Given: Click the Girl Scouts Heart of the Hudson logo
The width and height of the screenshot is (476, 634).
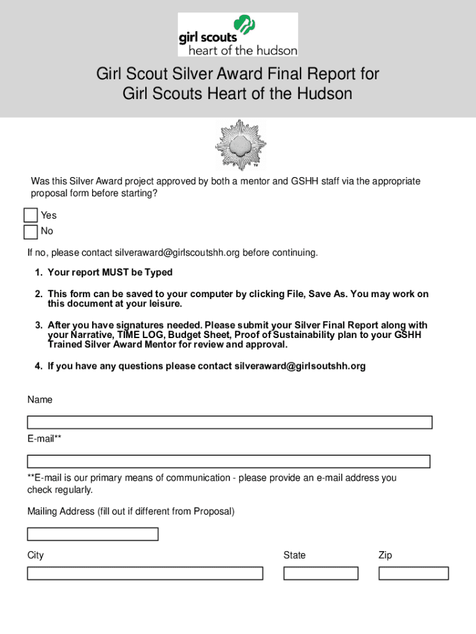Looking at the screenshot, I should click(238, 35).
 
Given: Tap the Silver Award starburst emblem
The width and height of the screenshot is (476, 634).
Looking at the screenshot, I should click(240, 145).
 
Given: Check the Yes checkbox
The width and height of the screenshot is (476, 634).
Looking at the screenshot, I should click(30, 215).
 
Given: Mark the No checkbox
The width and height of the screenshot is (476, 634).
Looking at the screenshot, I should click(30, 232).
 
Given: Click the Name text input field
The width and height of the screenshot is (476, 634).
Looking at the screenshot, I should click(229, 423).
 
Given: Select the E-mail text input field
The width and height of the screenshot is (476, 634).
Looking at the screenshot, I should click(228, 461).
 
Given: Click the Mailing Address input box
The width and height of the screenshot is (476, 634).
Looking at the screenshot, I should click(93, 534).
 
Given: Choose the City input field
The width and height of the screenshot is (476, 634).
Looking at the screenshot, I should click(145, 573).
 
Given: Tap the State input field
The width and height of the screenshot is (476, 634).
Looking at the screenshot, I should click(321, 573).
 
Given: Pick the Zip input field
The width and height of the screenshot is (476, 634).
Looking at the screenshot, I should click(413, 573).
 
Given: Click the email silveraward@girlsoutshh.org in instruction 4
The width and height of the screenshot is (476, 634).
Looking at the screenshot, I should click(300, 366).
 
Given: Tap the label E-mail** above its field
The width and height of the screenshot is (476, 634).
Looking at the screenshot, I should click(44, 439).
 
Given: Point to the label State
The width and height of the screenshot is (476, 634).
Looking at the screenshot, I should click(294, 555).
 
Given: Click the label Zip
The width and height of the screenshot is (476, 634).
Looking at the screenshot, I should click(385, 555).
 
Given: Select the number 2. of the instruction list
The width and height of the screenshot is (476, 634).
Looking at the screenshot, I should click(38, 294).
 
